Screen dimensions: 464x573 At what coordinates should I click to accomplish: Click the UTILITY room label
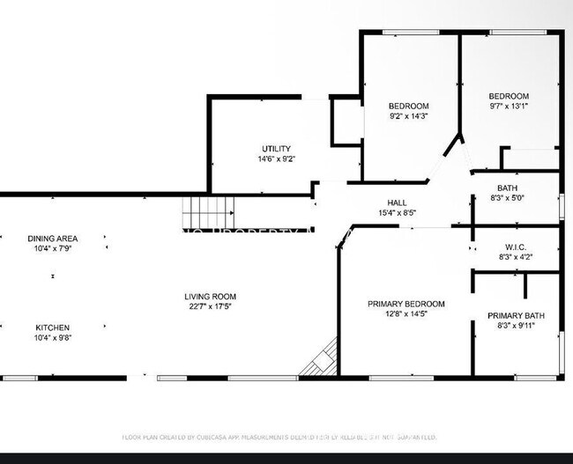pyautogui.click(x=276, y=149)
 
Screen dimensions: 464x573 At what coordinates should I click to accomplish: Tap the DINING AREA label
pyautogui.click(x=52, y=239)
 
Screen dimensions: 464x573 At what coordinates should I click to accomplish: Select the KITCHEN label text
pyautogui.click(x=52, y=328)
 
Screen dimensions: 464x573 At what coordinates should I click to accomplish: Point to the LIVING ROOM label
pyautogui.click(x=210, y=297)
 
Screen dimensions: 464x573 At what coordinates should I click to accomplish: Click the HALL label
pyautogui.click(x=397, y=203)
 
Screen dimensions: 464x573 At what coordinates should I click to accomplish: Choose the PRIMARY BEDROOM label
pyautogui.click(x=406, y=304)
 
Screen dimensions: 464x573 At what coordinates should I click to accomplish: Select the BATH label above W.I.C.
pyautogui.click(x=507, y=188)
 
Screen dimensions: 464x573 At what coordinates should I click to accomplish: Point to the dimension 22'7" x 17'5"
pyautogui.click(x=210, y=307)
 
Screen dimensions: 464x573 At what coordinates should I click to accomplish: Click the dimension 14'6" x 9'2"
pyautogui.click(x=276, y=159)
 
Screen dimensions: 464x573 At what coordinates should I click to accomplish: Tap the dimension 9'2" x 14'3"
pyautogui.click(x=409, y=116)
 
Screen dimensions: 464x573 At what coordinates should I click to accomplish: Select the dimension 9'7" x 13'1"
pyautogui.click(x=509, y=107)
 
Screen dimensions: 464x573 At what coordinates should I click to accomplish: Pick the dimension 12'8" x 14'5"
pyautogui.click(x=406, y=314)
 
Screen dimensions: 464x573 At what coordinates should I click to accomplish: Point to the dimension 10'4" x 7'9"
pyautogui.click(x=52, y=249)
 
